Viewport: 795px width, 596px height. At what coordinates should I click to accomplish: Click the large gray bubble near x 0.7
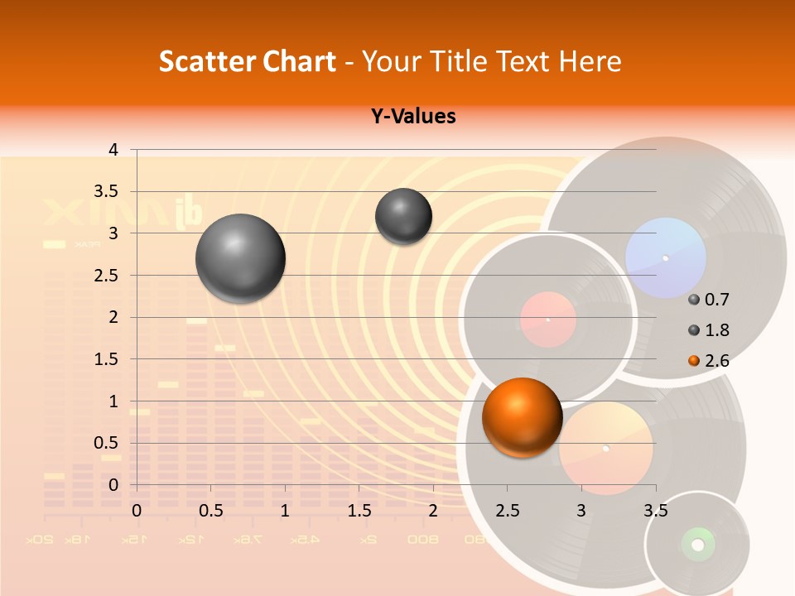241,258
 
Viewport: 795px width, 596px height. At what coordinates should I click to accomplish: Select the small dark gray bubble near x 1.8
403,216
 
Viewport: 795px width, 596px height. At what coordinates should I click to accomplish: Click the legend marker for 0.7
694,300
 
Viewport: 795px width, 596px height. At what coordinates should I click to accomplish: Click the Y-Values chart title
413,117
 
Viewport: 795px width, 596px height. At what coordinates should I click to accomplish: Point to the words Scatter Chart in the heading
248,61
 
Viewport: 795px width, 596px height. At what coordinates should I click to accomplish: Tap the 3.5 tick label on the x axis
656,511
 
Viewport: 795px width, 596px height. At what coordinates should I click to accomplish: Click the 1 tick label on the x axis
285,511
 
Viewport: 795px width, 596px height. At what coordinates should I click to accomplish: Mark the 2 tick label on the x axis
433,511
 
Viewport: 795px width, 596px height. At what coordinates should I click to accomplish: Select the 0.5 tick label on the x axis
211,511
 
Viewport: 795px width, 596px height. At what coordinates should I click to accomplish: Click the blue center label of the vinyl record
665,257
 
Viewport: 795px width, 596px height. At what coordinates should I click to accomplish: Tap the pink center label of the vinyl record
547,320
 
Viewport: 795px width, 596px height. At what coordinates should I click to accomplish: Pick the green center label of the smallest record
697,544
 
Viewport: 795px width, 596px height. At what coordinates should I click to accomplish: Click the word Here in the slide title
590,61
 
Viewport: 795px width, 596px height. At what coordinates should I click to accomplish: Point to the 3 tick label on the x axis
581,511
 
